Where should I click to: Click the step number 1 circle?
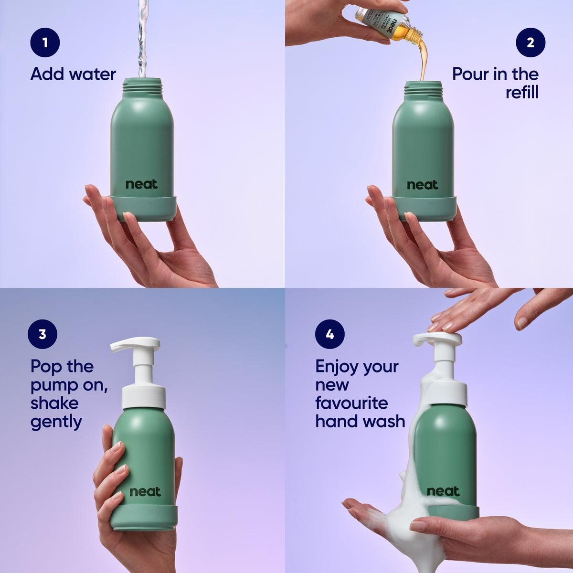(x=45, y=42)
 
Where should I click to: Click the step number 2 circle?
(x=530, y=42)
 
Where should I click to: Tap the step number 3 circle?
(x=42, y=334)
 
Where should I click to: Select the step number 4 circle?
(x=329, y=334)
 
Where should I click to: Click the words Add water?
(x=73, y=74)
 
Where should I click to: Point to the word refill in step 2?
(x=522, y=92)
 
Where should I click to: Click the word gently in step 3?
(x=56, y=422)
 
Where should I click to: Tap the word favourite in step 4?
(x=351, y=403)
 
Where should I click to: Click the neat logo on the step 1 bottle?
(x=141, y=184)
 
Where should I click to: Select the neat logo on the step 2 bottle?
(x=423, y=185)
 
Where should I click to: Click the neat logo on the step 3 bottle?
(x=145, y=491)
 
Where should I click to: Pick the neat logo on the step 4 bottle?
(x=443, y=491)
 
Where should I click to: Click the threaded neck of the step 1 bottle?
(x=142, y=88)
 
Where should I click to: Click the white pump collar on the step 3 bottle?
(x=144, y=397)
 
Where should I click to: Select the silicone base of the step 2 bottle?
(x=423, y=208)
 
